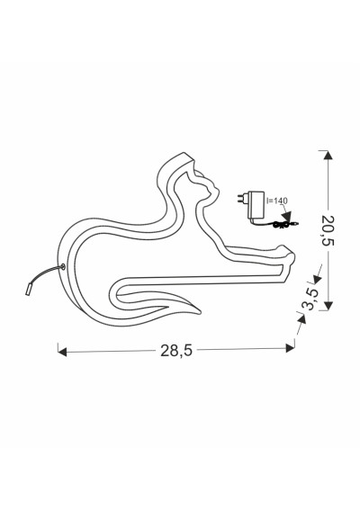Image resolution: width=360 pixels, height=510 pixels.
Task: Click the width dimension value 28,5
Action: point(176,350)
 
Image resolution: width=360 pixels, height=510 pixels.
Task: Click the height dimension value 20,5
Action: point(328,230)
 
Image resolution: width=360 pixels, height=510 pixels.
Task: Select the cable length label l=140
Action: point(277,201)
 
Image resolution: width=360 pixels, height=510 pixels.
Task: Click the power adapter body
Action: point(256,205)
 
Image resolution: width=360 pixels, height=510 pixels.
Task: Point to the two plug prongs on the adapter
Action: point(243,198)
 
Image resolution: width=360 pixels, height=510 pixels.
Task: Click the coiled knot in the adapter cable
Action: point(279,224)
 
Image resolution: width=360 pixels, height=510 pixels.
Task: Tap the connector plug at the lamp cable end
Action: point(28,289)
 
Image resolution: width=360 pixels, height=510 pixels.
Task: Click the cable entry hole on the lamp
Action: point(62,267)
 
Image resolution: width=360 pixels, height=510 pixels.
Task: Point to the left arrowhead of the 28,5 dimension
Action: point(62,352)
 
